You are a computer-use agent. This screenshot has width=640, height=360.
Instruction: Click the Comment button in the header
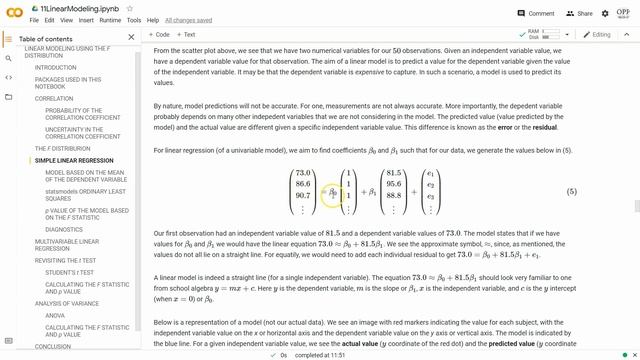point(536,13)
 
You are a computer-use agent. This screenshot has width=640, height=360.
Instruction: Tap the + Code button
point(159,34)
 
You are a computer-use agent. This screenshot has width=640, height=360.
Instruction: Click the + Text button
point(187,34)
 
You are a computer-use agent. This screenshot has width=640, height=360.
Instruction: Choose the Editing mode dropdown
point(598,34)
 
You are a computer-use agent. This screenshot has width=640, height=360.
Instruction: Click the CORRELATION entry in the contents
point(54,99)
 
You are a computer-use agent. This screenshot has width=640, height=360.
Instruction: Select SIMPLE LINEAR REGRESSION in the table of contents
point(74,160)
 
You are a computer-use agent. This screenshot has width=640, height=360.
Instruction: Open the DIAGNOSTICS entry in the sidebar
point(64,229)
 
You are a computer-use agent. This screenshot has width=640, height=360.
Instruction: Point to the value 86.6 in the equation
point(304,184)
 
